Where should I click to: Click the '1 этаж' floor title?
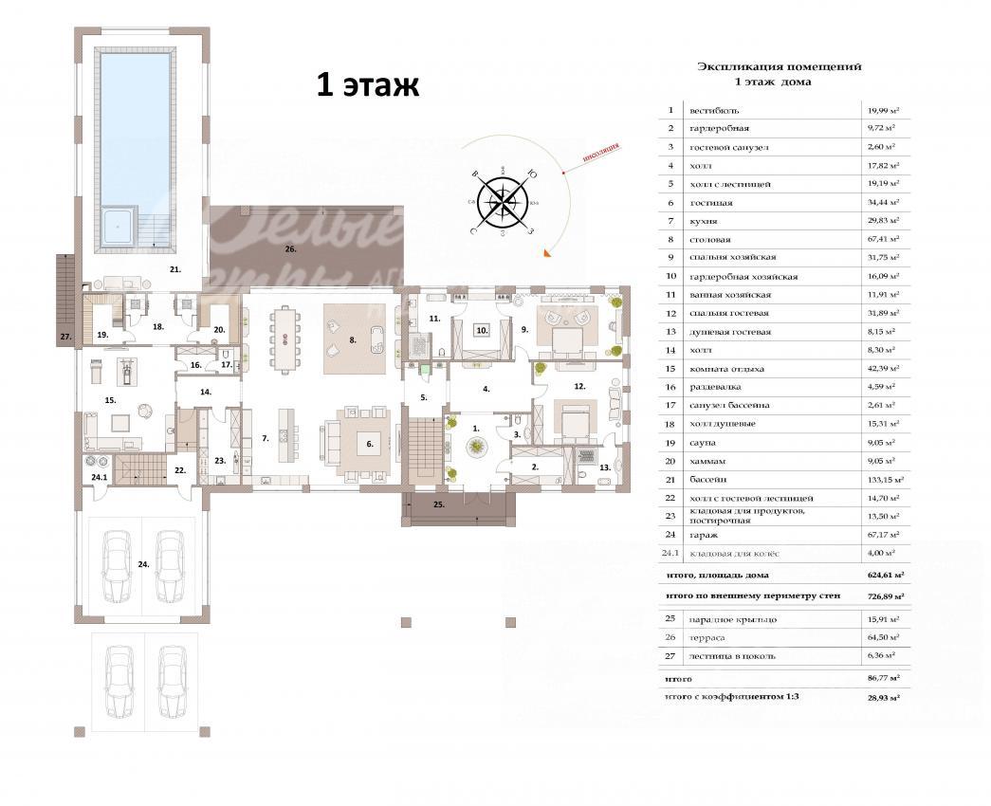pyautogui.click(x=367, y=86)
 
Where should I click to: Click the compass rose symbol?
pyautogui.click(x=504, y=199)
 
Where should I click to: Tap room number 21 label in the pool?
pyautogui.click(x=175, y=270)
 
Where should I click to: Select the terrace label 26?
pyautogui.click(x=291, y=249)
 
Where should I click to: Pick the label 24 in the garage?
pyautogui.click(x=142, y=564)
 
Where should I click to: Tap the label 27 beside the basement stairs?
pyautogui.click(x=65, y=337)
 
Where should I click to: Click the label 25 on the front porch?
pyautogui.click(x=438, y=504)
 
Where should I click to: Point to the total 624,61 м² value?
pyautogui.click(x=883, y=575)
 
